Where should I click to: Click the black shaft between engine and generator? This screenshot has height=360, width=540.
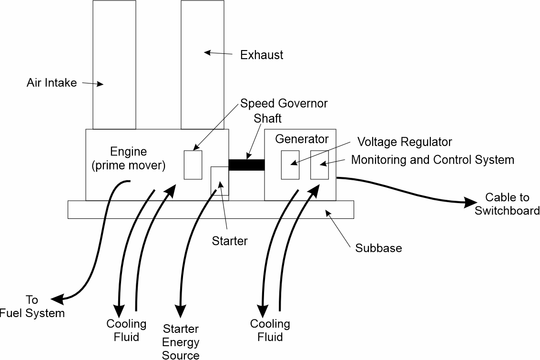246,165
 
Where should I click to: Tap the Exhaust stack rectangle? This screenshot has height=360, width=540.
203,64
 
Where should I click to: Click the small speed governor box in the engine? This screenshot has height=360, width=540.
193,165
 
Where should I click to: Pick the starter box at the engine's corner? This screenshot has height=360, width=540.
220,181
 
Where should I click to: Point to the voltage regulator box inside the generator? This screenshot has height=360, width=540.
290,165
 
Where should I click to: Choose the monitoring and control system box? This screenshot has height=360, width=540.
319,165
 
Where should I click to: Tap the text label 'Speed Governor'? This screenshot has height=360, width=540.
284,103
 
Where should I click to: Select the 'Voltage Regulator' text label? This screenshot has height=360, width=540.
405,142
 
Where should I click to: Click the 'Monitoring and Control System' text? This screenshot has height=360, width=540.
432,160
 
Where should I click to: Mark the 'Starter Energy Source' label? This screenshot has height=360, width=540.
181,341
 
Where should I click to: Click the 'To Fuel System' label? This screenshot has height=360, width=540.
32,307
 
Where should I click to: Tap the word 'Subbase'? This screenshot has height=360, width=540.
378,248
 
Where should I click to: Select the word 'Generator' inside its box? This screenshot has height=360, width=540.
302,139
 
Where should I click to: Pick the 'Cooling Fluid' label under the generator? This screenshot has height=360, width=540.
270,330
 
